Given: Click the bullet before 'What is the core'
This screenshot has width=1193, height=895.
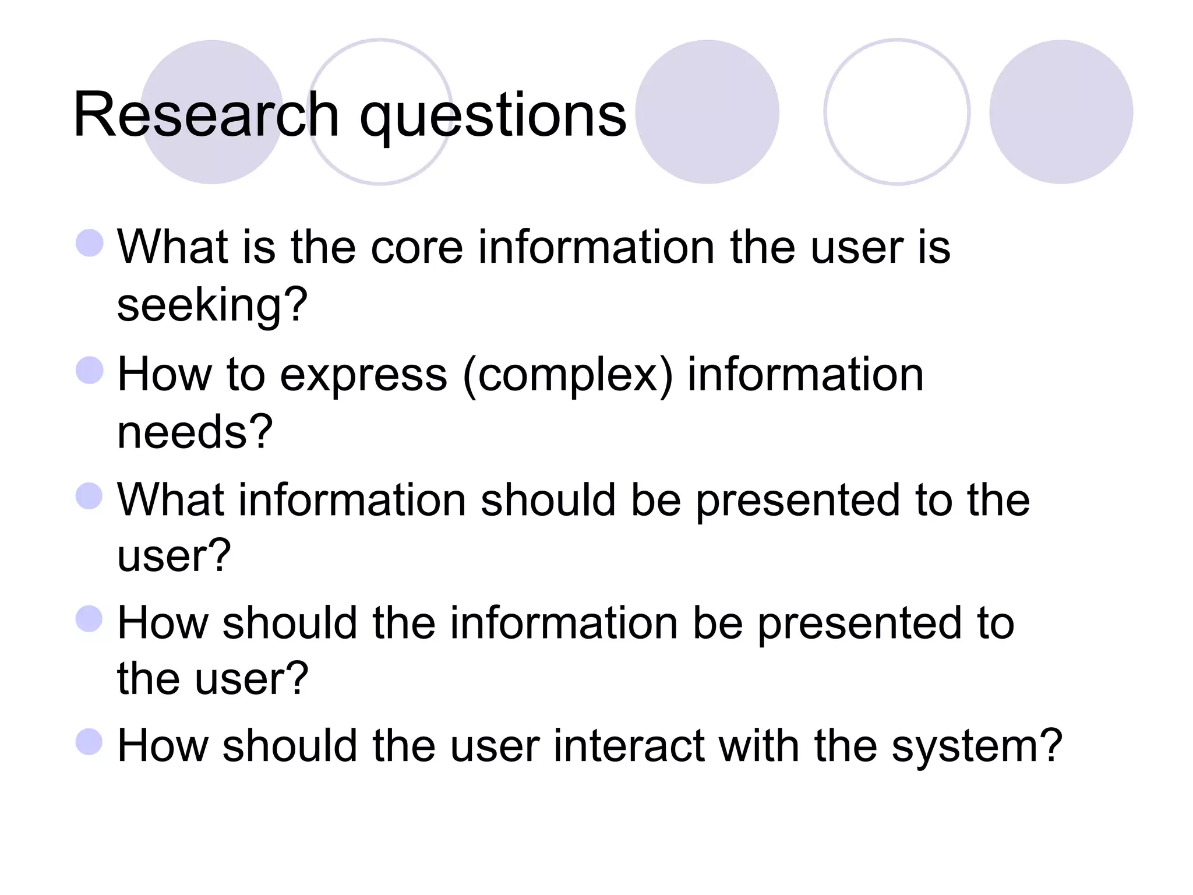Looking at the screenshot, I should coord(90,242).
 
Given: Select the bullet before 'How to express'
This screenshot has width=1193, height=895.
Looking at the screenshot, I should coord(90,370).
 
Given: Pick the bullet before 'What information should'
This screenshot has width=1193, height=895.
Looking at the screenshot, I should coord(90,496).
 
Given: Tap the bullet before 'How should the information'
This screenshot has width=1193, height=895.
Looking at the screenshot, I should coord(90,619).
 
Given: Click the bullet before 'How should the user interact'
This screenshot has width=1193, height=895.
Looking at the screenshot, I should coord(90,742).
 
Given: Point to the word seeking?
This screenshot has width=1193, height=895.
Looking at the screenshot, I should coord(212,305).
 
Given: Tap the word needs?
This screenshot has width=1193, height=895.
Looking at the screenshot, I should coord(195,432).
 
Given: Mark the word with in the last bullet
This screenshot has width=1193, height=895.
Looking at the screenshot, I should coord(758,746).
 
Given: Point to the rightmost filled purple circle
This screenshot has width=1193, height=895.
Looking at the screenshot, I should coord(1061,112).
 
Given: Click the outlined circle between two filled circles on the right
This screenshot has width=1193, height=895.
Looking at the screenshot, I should coord(896,112).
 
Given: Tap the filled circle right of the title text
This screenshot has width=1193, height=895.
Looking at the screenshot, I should coord(707,112).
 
